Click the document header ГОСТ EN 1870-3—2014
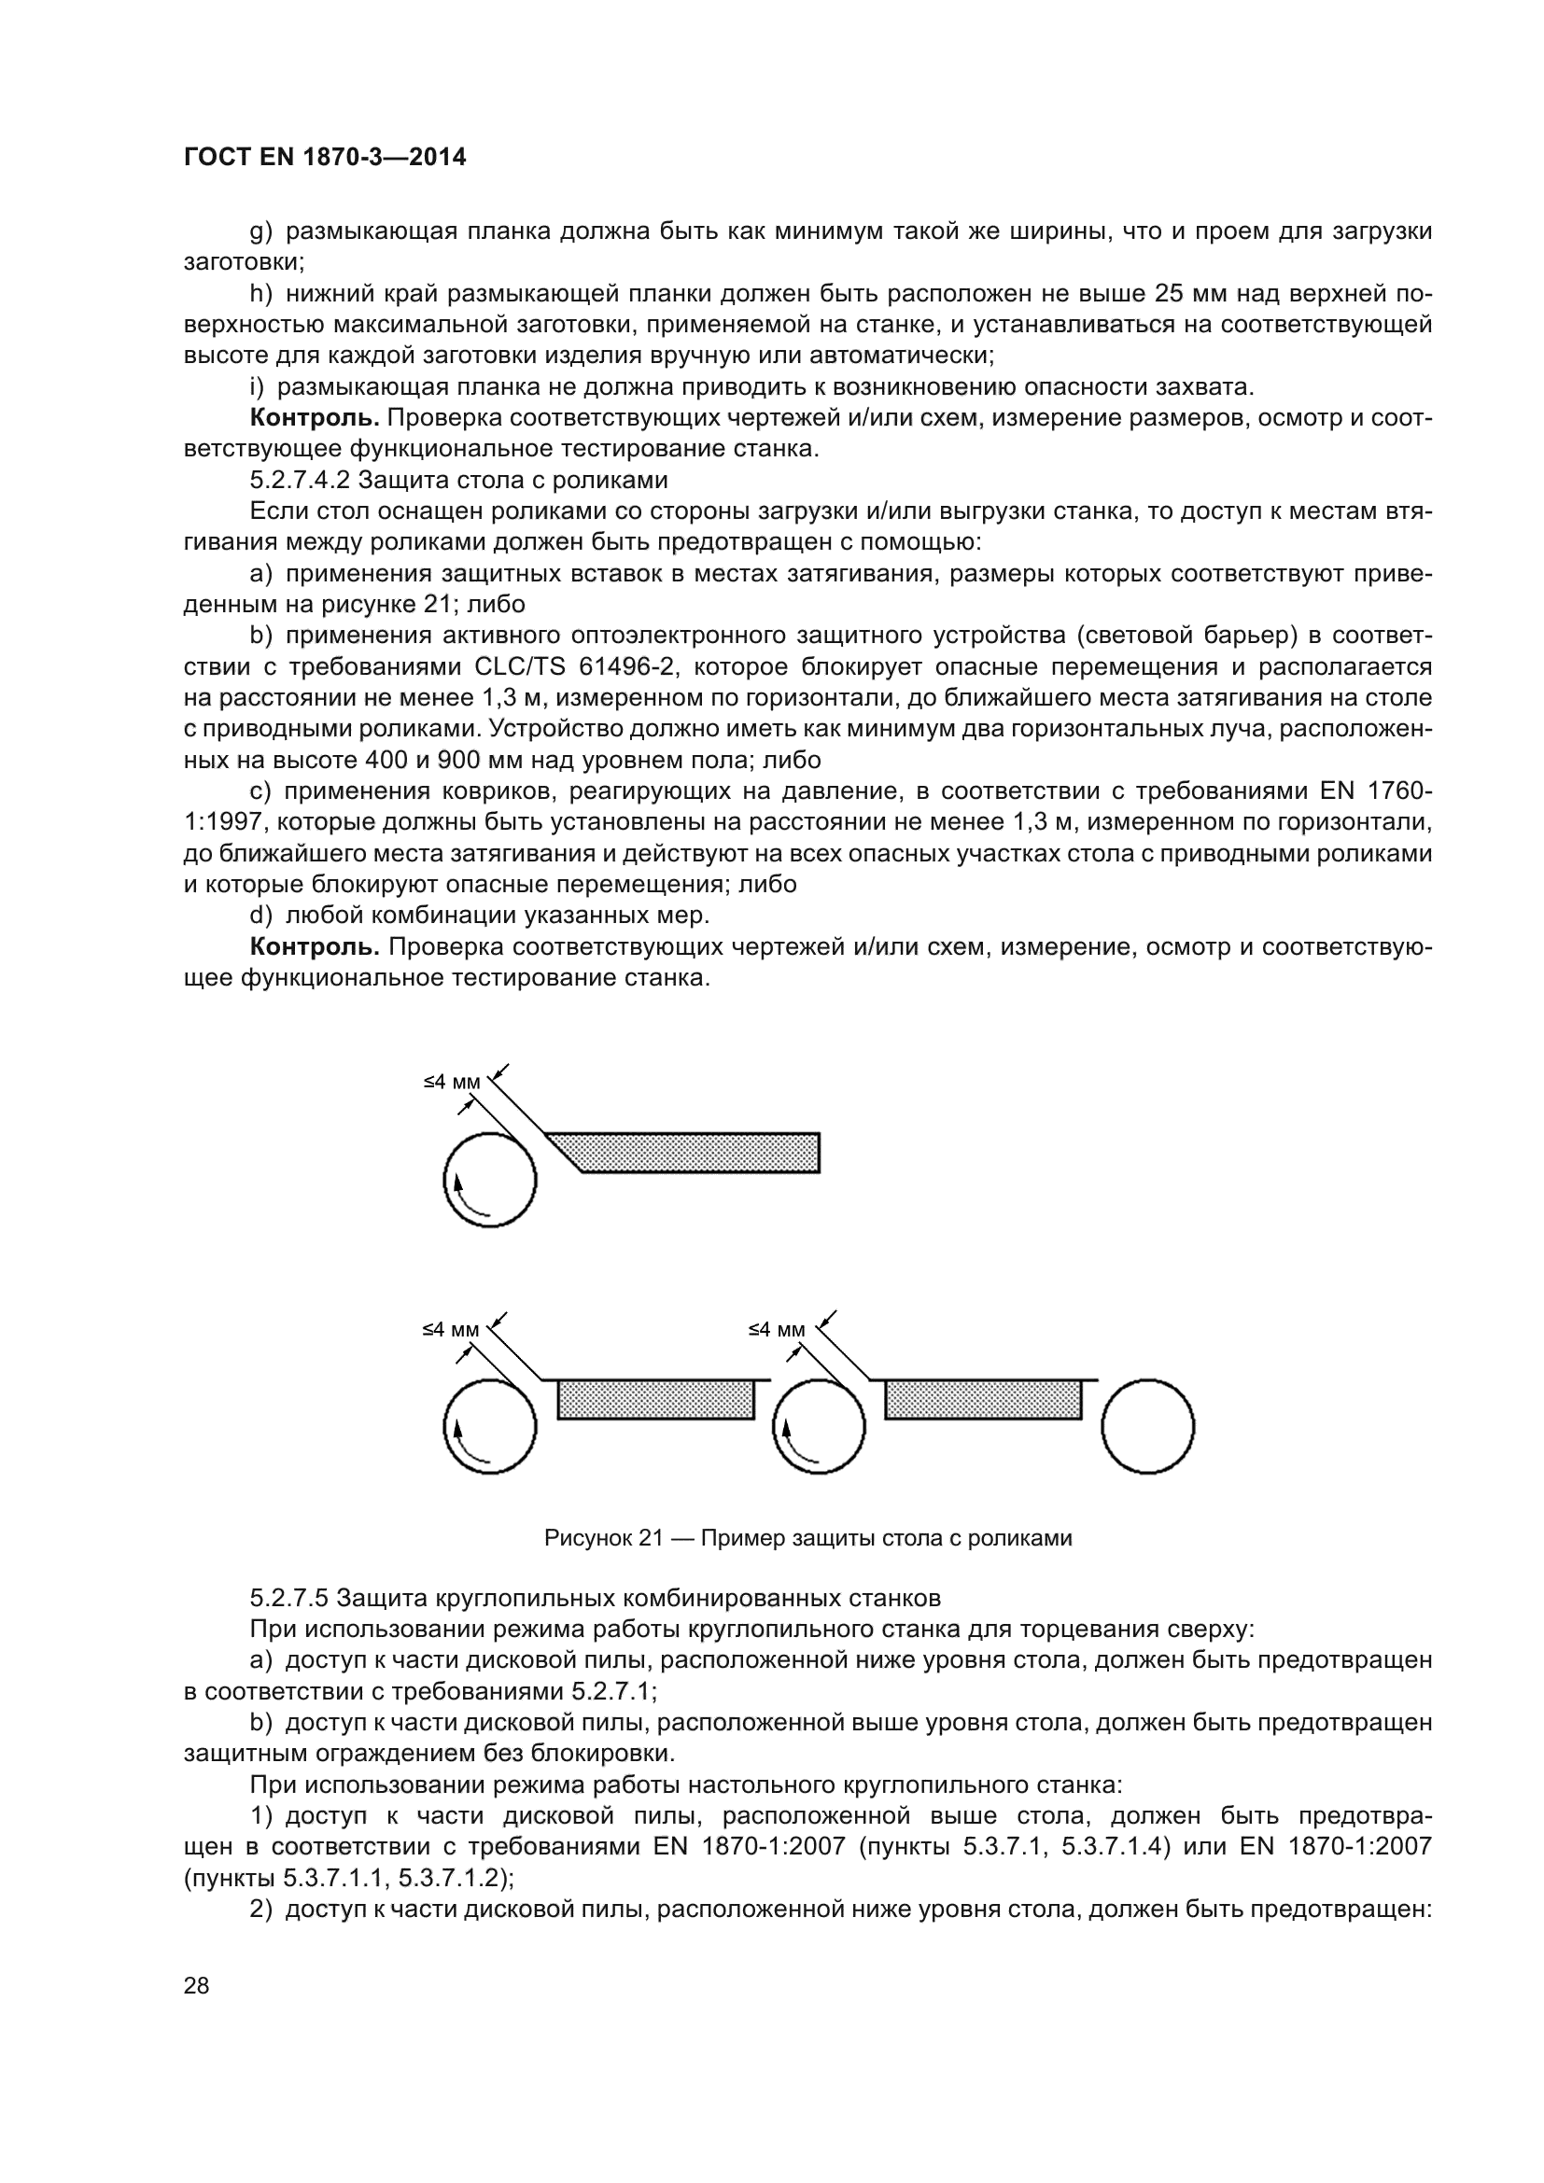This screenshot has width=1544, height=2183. pos(325,158)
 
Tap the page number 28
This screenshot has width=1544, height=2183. pos(196,1985)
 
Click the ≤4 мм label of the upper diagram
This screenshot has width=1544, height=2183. pos(453,1082)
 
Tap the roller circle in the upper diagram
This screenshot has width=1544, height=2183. pos(490,1180)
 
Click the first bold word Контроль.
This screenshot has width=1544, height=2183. pos(315,417)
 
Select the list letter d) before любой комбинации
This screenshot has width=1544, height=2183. pos(260,916)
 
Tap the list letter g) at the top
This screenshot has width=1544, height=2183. pos(260,231)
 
